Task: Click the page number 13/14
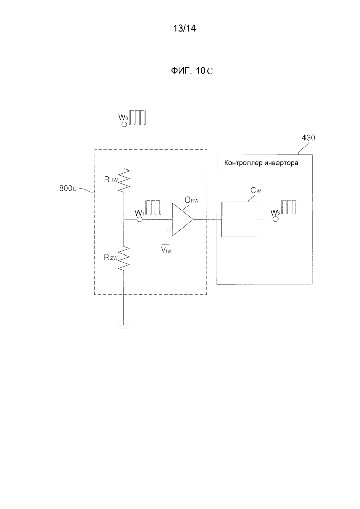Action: (x=185, y=29)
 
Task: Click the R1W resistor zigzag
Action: (x=124, y=180)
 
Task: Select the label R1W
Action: (x=109, y=179)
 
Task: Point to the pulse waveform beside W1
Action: (x=153, y=208)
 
